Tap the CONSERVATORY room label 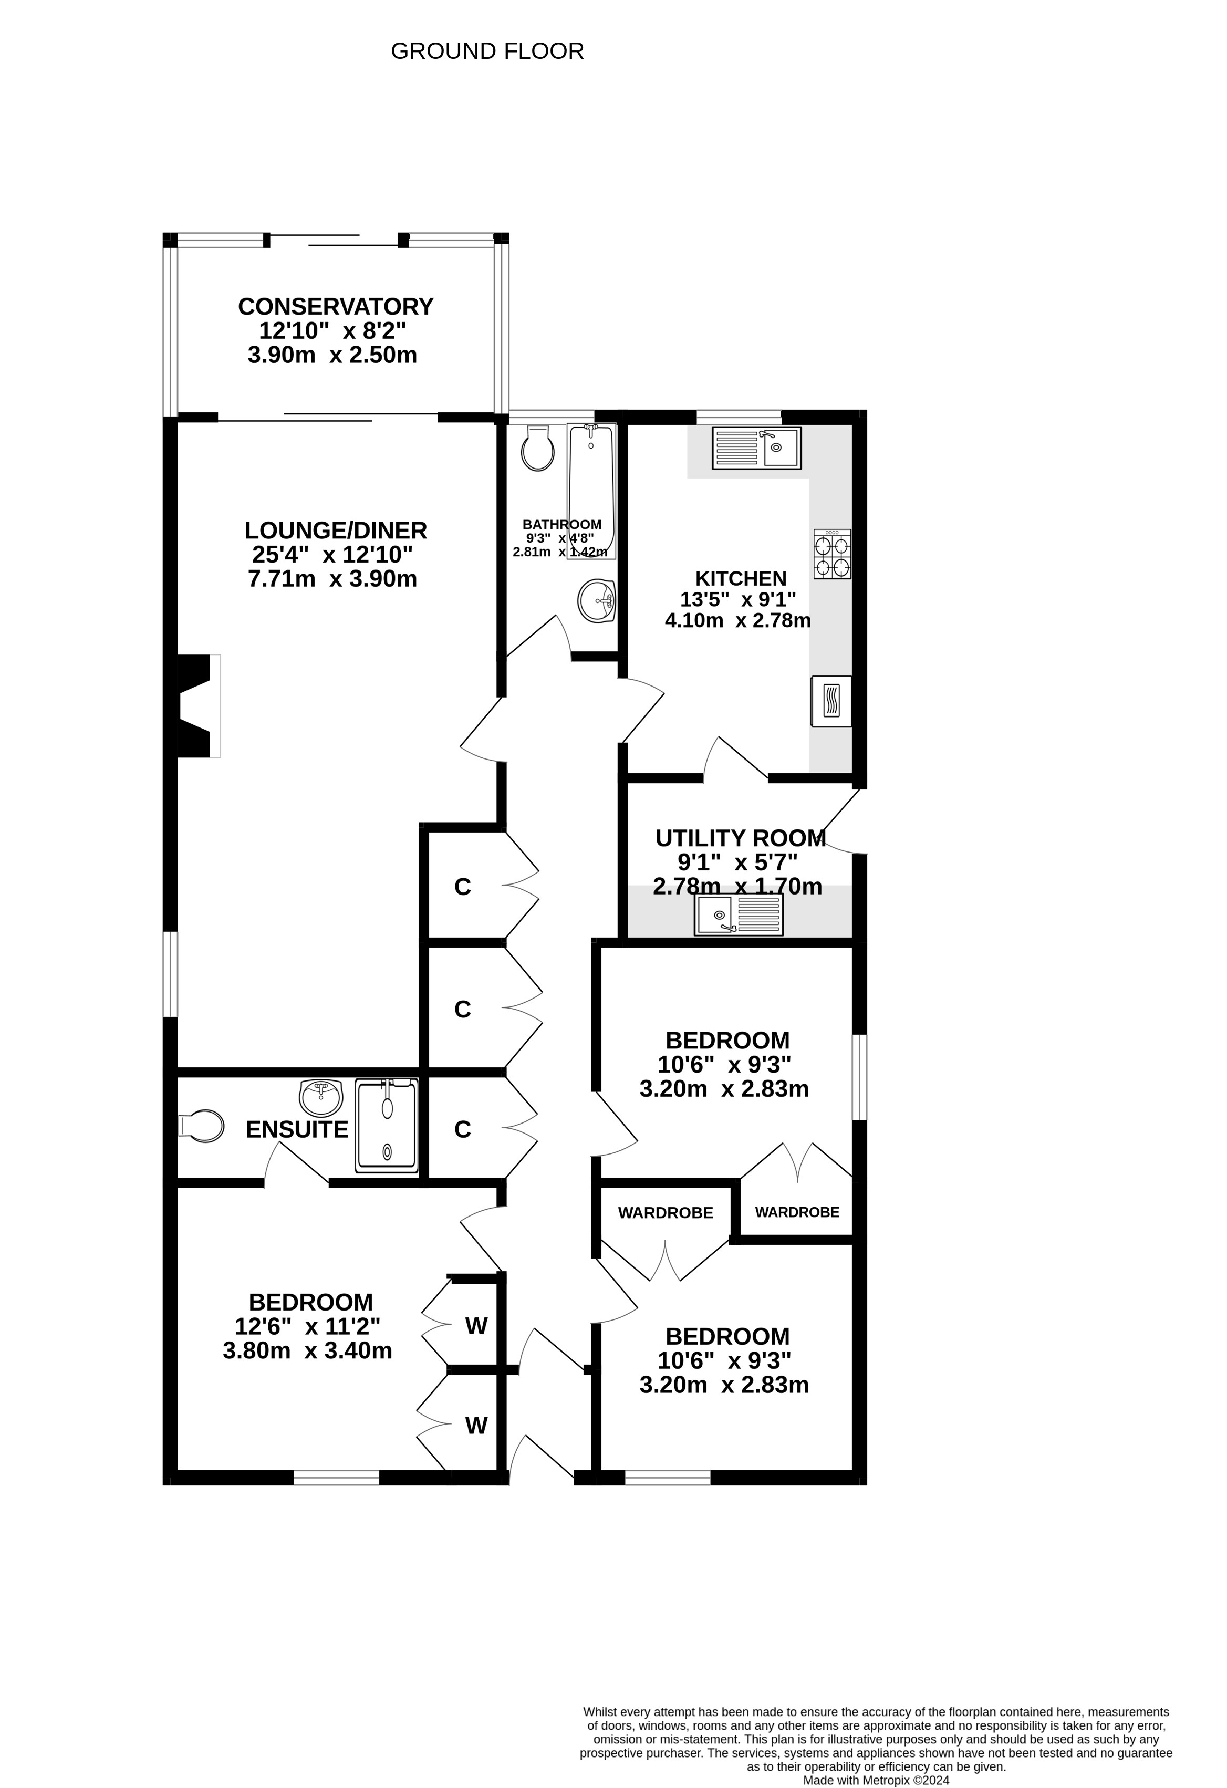tap(336, 306)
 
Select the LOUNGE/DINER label tap(336, 530)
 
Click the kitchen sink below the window tap(757, 448)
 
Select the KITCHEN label tap(741, 578)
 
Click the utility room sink tap(739, 915)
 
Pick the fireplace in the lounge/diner tap(199, 705)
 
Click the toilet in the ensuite tap(201, 1126)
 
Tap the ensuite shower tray tap(387, 1126)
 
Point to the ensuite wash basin tap(321, 1098)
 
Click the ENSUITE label tap(297, 1129)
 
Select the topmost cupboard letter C tap(462, 887)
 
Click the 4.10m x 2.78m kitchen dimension tap(738, 620)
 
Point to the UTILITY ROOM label tap(741, 838)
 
